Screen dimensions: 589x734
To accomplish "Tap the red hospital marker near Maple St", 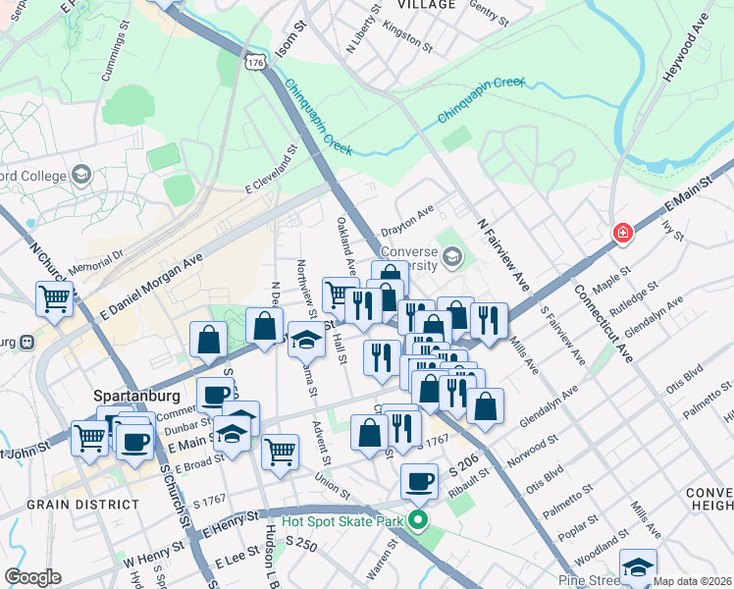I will tap(622, 234).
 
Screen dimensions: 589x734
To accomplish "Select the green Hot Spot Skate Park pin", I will tap(419, 520).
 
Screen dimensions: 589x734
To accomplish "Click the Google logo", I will tap(32, 577).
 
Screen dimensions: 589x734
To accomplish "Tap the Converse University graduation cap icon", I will tap(451, 258).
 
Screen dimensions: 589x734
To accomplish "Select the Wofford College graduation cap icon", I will tap(81, 177).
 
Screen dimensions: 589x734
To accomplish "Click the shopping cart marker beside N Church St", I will tap(55, 299).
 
